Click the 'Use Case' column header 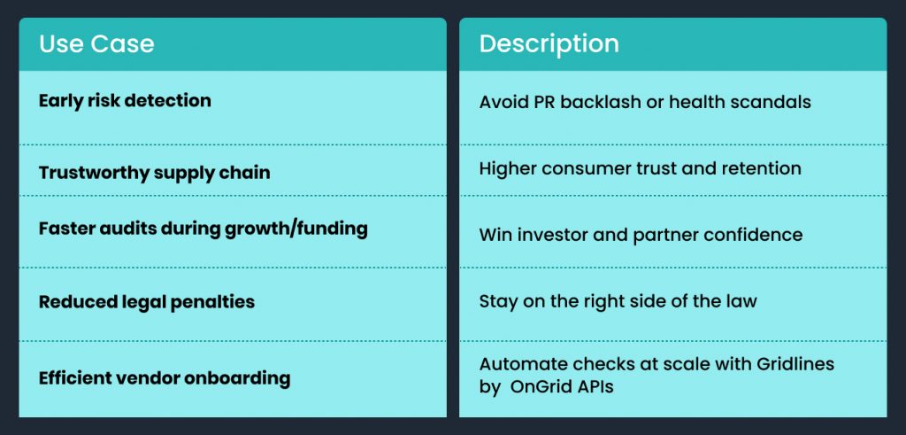(x=96, y=43)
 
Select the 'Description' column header (x=549, y=43)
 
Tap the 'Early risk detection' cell (x=125, y=100)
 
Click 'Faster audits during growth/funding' (x=203, y=229)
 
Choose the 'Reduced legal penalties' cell (x=146, y=302)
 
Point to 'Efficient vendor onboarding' (x=164, y=378)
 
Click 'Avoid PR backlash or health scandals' (x=644, y=102)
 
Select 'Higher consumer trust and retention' (x=640, y=168)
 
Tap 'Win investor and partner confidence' (x=641, y=235)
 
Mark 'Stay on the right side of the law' (x=618, y=300)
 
